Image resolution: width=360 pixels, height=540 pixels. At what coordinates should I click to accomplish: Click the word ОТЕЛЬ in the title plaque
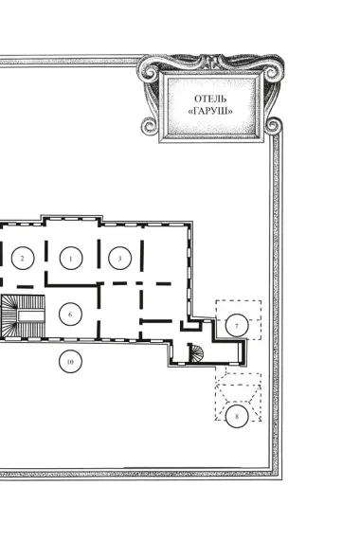click(210, 99)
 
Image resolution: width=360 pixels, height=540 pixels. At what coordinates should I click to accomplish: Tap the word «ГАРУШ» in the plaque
click(210, 111)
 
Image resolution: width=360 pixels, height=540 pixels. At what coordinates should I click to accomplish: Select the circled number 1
click(71, 258)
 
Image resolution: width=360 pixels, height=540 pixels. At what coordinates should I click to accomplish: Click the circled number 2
click(23, 258)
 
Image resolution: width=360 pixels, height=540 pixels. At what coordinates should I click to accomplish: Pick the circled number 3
click(120, 258)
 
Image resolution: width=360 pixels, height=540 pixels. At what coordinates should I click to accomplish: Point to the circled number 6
click(70, 315)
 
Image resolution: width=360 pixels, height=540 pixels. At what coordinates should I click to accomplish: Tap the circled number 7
click(237, 326)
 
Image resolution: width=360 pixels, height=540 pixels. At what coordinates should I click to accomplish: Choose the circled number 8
click(237, 416)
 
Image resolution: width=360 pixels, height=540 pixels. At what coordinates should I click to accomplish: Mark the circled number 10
click(70, 362)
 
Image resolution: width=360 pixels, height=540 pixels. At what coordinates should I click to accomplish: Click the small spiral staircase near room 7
click(196, 353)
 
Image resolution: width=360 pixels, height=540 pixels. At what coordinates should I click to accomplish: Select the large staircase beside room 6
click(23, 316)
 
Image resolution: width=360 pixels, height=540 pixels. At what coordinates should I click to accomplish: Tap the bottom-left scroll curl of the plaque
click(149, 126)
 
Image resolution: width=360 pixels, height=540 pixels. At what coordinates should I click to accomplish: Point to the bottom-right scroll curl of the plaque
click(273, 125)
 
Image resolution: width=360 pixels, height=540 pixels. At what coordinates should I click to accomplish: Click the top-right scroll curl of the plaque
click(272, 72)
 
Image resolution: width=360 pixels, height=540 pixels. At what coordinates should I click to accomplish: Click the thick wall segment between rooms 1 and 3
click(99, 254)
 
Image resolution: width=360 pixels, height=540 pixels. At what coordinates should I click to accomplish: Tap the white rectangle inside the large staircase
click(31, 315)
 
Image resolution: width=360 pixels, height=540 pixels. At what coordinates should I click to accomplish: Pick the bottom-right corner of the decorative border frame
click(281, 479)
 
